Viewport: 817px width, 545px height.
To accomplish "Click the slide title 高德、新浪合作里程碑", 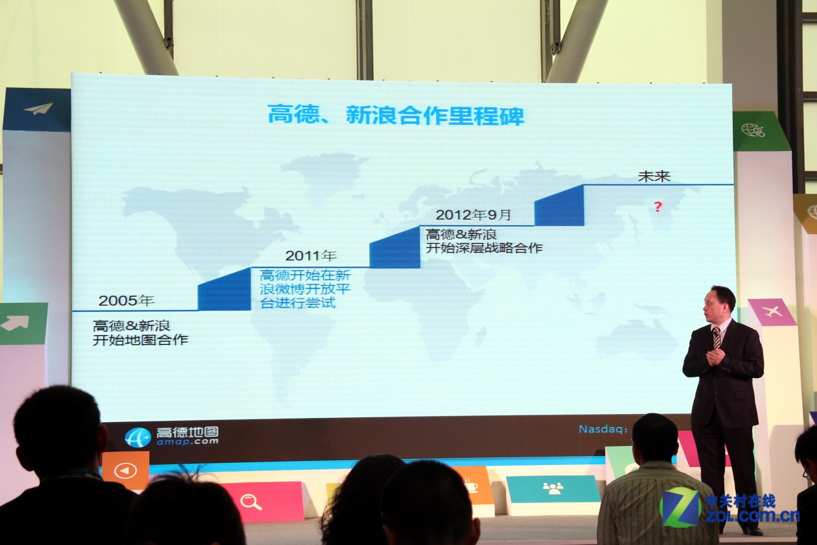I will [x=396, y=115].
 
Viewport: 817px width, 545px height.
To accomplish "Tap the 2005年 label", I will [x=126, y=300].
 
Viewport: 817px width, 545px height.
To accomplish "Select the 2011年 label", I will [x=310, y=255].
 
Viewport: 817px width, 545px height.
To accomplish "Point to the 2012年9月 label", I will [x=473, y=215].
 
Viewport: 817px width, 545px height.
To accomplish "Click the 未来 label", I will [x=654, y=177].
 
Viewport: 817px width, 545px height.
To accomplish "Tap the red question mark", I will [x=658, y=207].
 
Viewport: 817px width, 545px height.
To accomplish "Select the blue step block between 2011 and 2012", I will [x=395, y=249].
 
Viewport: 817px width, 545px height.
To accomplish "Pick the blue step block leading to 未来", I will [x=560, y=206].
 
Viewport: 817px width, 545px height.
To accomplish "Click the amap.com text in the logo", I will [x=187, y=442].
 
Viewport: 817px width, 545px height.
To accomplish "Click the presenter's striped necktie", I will [x=716, y=338].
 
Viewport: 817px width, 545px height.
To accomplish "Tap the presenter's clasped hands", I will [x=714, y=358].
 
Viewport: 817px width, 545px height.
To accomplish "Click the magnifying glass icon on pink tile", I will [x=251, y=502].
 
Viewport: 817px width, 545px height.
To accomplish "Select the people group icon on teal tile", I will [x=553, y=488].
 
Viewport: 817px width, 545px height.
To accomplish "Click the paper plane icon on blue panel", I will [x=38, y=109].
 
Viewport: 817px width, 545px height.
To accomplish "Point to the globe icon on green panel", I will [x=753, y=131].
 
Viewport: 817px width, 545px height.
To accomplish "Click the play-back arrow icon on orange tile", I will [x=126, y=470].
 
